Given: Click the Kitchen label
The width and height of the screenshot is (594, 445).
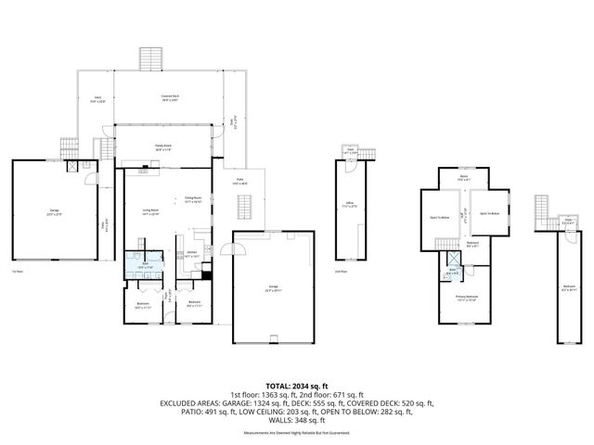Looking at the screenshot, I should [x=192, y=252].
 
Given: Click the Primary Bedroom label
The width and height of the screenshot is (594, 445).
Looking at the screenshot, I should [x=466, y=299].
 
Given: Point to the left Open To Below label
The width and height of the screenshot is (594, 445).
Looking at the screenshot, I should [x=440, y=219].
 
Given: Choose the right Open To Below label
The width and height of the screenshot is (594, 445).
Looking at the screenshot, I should [x=490, y=214].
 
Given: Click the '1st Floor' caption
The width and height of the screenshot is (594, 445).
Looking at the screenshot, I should [x=17, y=272].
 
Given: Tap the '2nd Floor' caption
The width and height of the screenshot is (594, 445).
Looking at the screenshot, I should [x=341, y=272].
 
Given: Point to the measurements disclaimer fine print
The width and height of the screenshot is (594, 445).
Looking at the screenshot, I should [x=297, y=433].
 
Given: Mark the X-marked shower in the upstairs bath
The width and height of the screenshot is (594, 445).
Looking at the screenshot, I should [x=453, y=261].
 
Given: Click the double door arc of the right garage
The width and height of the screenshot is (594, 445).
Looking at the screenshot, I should [x=240, y=247].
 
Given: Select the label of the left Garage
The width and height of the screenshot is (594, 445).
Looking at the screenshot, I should [x=55, y=213].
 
